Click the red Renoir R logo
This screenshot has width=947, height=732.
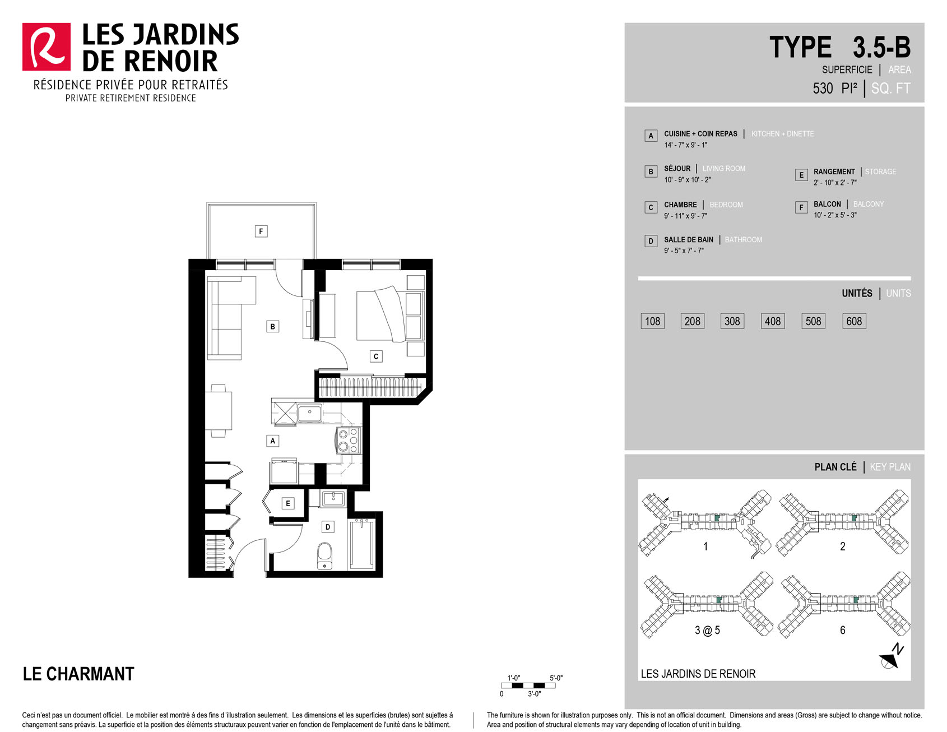click(x=47, y=47)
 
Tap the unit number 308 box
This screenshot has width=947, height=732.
click(x=732, y=321)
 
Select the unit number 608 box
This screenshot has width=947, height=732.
click(x=854, y=321)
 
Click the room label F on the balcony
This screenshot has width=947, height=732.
click(x=261, y=231)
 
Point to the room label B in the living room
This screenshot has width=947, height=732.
click(x=273, y=326)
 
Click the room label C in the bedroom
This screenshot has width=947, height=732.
click(x=376, y=356)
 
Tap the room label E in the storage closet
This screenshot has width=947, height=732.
click(x=288, y=503)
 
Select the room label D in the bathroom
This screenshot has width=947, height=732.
click(x=328, y=527)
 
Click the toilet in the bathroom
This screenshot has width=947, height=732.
click(x=325, y=555)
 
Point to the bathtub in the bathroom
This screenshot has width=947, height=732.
click(x=361, y=544)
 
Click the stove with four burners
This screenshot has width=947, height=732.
click(x=348, y=440)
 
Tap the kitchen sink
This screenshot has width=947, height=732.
click(x=309, y=414)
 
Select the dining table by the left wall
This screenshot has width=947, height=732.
click(x=219, y=410)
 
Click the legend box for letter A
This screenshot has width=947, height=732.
click(x=651, y=136)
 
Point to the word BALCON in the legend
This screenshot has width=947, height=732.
click(x=827, y=204)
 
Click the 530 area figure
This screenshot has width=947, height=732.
click(x=823, y=89)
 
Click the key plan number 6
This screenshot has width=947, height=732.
click(x=842, y=631)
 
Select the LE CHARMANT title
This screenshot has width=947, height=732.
click(x=78, y=674)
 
